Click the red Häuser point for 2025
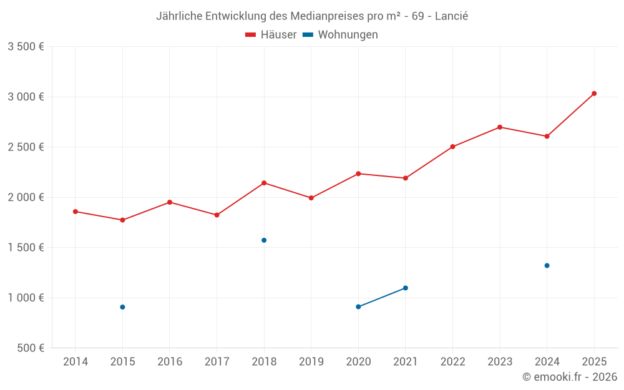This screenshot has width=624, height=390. [594, 94]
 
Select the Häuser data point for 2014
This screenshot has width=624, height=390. [76, 212]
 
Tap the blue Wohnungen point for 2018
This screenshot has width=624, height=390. [264, 240]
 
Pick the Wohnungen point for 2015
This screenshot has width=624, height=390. [122, 307]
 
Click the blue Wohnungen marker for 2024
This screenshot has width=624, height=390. [547, 266]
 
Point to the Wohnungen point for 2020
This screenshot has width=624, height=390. [358, 307]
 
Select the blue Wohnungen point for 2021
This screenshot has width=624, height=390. [406, 288]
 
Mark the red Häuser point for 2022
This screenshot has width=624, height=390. [452, 147]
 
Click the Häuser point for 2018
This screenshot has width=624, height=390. [264, 183]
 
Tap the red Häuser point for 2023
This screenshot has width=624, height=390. [500, 127]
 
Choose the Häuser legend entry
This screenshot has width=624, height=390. [271, 35]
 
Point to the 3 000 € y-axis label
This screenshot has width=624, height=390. [26, 97]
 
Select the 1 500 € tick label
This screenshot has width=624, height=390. [26, 248]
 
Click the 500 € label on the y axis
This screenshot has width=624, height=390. [29, 348]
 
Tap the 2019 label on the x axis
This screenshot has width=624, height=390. [311, 362]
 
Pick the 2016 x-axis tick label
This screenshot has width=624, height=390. [170, 362]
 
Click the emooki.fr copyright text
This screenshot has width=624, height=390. [569, 377]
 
